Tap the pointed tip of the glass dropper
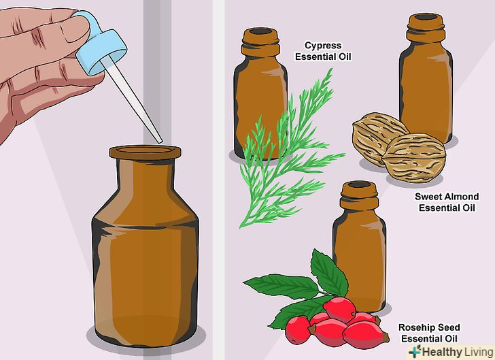pyautogui.click(x=161, y=142)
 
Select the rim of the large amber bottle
pyautogui.click(x=146, y=152)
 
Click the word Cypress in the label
pyautogui.click(x=323, y=46)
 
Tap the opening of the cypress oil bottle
pyautogui.click(x=260, y=31)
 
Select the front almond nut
pyautogui.click(x=413, y=158)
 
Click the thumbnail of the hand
pyautogui.click(x=73, y=28)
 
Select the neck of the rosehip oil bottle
pyautogui.click(x=359, y=197)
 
